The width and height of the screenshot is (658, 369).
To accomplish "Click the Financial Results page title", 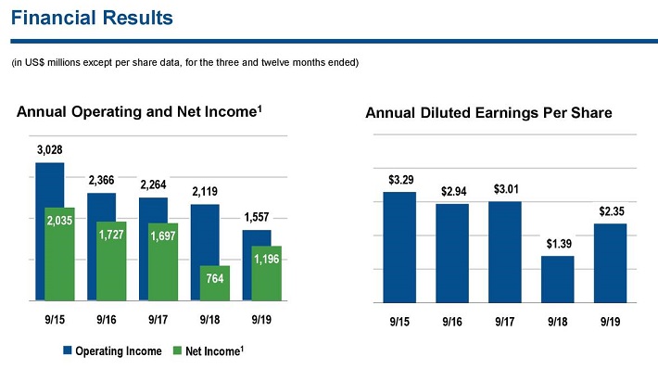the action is pos(92,18).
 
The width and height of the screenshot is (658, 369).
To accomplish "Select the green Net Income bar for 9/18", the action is pos(214,283).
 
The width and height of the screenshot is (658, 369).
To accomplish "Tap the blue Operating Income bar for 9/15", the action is pos(49,231).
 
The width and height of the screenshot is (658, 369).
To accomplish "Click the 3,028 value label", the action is pos(49,150).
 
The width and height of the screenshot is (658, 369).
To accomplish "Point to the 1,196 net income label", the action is pos(267,259).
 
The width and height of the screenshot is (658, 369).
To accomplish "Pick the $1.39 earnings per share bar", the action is pos(557,279).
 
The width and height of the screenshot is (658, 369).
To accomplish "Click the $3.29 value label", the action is pos(400,180).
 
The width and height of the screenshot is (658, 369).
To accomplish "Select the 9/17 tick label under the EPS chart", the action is pos(505,322).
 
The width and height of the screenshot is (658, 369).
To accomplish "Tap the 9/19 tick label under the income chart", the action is pos(261,320).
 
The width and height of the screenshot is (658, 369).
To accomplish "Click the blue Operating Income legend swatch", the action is pos(67,350).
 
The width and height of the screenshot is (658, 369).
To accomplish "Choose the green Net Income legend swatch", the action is pos(178,350).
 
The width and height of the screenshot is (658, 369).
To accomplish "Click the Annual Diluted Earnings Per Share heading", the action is pos(488,113).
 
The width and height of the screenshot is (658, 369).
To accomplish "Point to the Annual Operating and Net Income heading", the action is pos(139,111).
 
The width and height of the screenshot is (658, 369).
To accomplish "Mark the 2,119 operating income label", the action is pos(205,192).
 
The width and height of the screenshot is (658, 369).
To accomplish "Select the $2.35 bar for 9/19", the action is pos(610,263).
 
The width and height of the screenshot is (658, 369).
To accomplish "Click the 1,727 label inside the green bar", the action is pos(111,235).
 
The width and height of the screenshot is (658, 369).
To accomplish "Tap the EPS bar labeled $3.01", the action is pos(505,252).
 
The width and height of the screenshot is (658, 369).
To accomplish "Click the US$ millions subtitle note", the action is pos(185,62).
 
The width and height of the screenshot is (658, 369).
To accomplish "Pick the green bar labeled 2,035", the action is pos(59,254).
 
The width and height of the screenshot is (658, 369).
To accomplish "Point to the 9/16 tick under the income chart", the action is pos(107,320).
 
